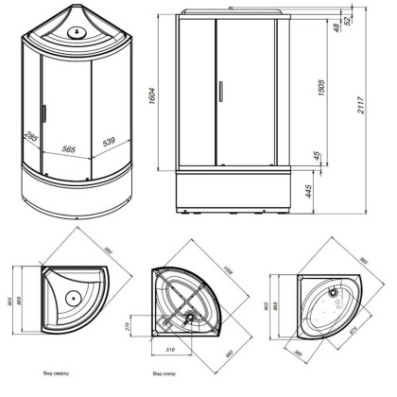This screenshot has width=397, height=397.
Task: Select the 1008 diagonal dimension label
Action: [227, 268]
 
